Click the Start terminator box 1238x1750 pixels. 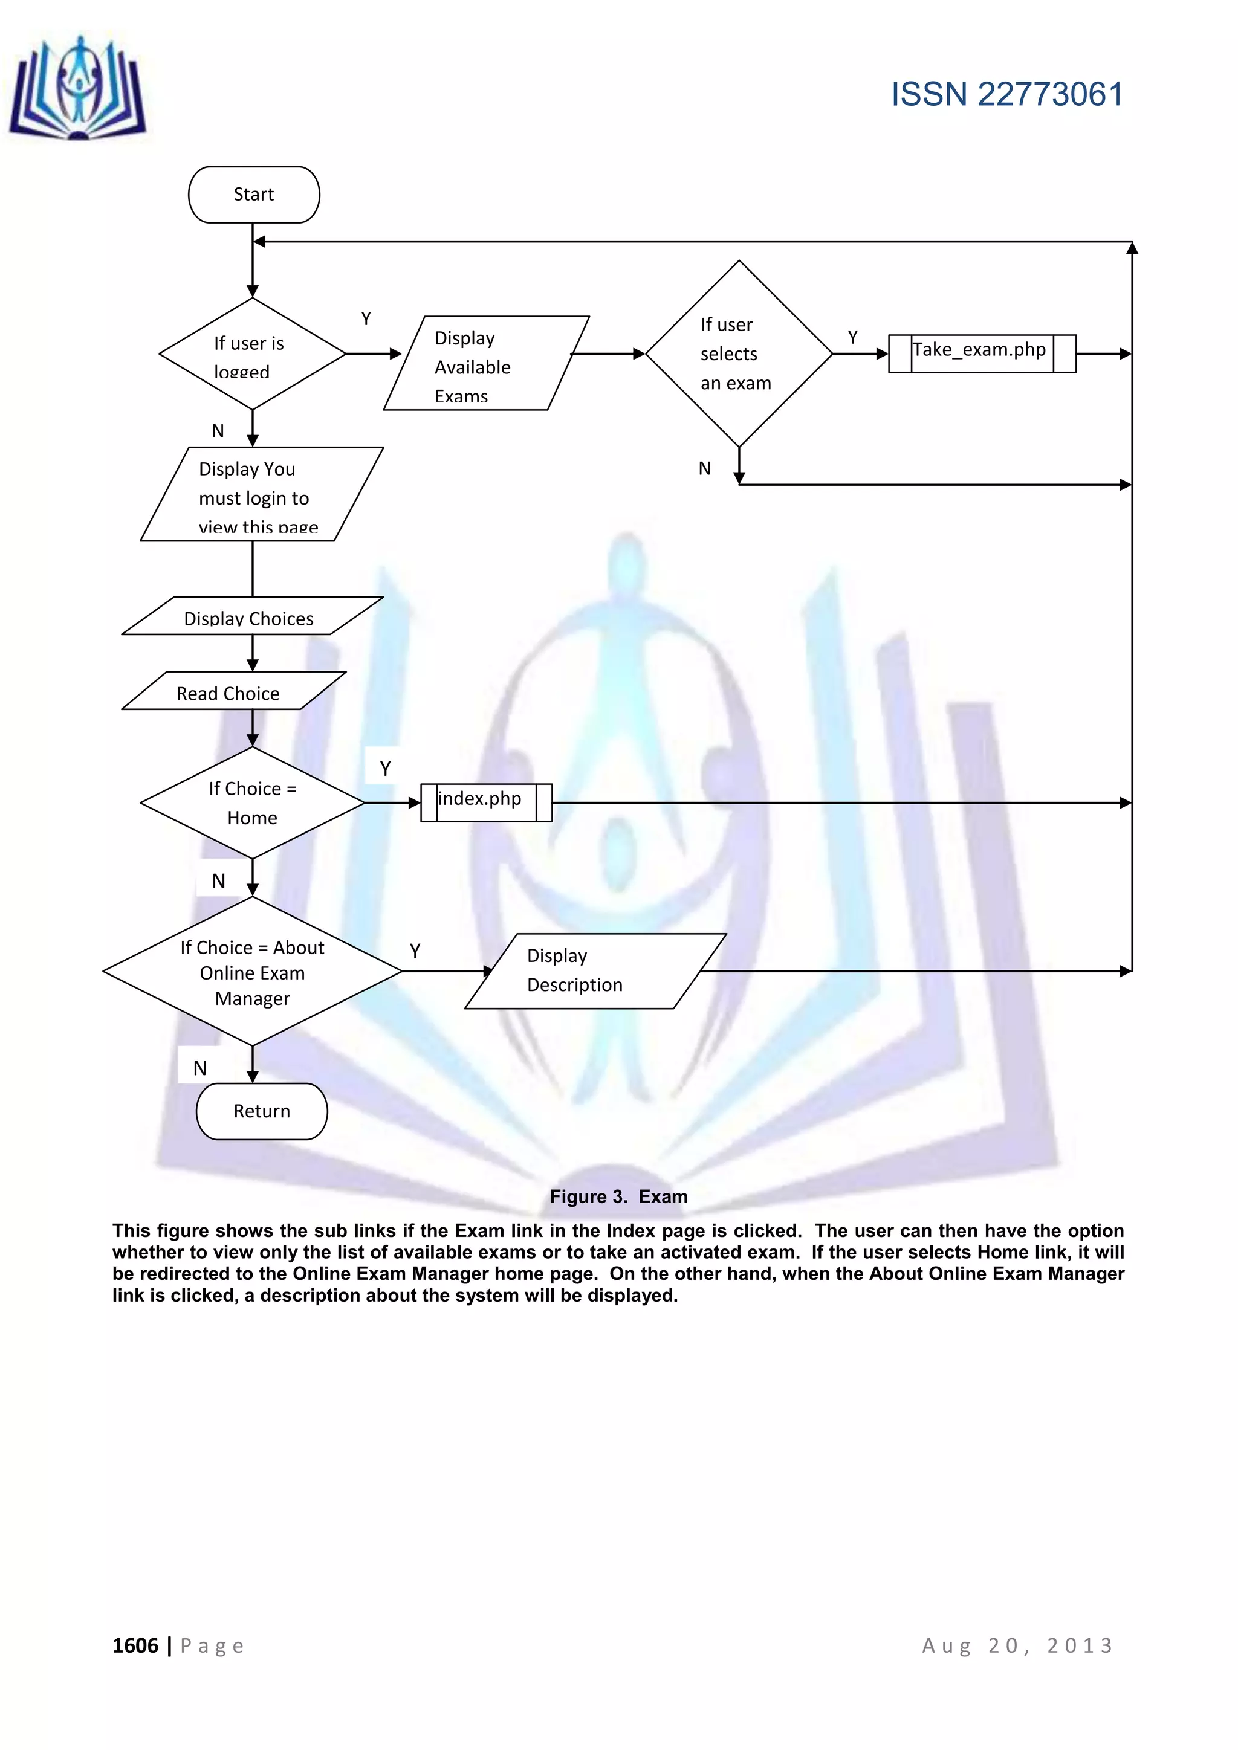[254, 195]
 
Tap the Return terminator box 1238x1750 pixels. [262, 1111]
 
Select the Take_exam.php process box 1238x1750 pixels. [982, 353]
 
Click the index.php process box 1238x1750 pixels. [485, 802]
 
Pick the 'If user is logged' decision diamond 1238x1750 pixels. [251, 354]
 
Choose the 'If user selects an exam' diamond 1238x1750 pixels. [738, 354]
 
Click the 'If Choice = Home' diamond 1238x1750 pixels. [252, 802]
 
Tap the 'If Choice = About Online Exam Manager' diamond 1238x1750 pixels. [252, 971]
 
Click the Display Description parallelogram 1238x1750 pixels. [595, 970]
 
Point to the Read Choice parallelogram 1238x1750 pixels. [233, 691]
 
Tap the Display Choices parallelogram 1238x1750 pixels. [251, 616]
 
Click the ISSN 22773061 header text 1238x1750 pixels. [1006, 94]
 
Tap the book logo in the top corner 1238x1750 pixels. [78, 89]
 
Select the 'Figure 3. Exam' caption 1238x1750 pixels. [618, 1196]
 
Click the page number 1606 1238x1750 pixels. [135, 1645]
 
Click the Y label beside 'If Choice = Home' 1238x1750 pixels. [385, 768]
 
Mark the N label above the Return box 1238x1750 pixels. [199, 1068]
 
